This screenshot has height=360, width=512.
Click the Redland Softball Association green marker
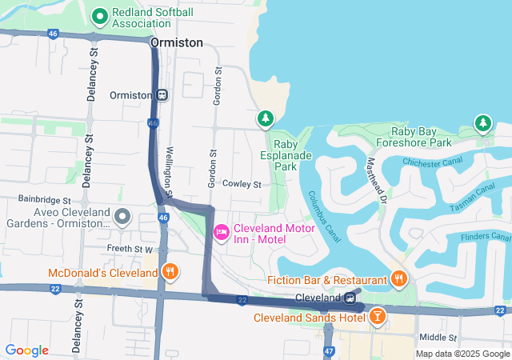pos(100,16)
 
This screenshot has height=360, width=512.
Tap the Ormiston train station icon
pos(162,94)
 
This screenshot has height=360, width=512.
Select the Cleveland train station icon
pos(350,298)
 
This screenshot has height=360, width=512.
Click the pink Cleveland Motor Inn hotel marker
pos(221,232)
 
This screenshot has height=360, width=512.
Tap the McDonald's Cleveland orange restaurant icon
pos(170,273)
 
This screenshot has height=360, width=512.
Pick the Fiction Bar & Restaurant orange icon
pos(398,278)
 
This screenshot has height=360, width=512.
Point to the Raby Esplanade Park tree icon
pos(265,119)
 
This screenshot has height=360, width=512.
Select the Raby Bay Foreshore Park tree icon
pos(482,123)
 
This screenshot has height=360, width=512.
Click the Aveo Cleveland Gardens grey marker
pos(122,216)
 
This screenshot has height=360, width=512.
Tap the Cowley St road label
pos(242,184)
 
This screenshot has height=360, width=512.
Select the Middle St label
pos(437,338)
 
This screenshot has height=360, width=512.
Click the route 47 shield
pos(329,351)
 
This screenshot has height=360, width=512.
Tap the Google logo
pos(26,350)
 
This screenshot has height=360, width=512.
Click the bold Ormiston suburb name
pos(176,43)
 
